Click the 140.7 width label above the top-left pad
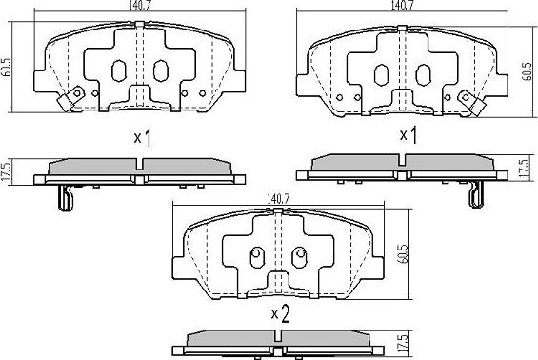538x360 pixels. [140, 5]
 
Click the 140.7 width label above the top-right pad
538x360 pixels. [402, 5]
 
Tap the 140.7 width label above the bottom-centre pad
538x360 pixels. [278, 199]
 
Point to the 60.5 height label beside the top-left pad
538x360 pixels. [6, 67]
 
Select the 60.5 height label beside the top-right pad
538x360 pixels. [527, 71]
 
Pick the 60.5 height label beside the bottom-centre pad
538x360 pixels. [403, 254]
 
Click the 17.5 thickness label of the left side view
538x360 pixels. [7, 172]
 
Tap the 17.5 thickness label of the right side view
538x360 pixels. [524, 168]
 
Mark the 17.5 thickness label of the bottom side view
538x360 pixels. [403, 344]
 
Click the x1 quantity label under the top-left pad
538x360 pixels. [142, 138]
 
